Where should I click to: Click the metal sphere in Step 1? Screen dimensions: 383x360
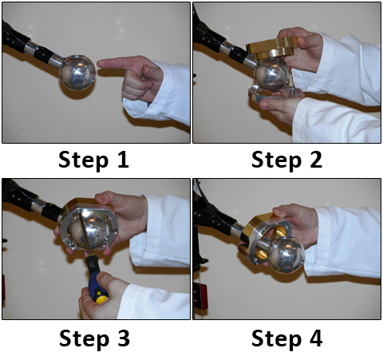click(77, 73)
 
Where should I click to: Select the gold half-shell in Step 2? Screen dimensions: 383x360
click(271, 48)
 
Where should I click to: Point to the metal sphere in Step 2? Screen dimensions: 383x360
click(271, 73)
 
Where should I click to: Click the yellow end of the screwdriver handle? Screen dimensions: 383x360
click(102, 299)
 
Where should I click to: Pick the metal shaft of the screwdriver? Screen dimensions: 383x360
click(85, 232)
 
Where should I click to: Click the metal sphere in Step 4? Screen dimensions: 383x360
click(286, 255)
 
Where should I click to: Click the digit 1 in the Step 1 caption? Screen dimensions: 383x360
click(124, 160)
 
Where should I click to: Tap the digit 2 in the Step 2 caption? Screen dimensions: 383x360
click(316, 160)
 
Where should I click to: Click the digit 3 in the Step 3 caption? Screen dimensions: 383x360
click(124, 338)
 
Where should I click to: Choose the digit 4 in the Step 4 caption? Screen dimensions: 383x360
click(316, 338)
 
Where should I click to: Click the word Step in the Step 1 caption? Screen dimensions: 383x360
click(84, 160)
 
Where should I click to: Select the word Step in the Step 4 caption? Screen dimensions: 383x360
click(277, 339)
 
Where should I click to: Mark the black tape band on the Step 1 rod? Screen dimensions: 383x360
click(42, 54)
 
